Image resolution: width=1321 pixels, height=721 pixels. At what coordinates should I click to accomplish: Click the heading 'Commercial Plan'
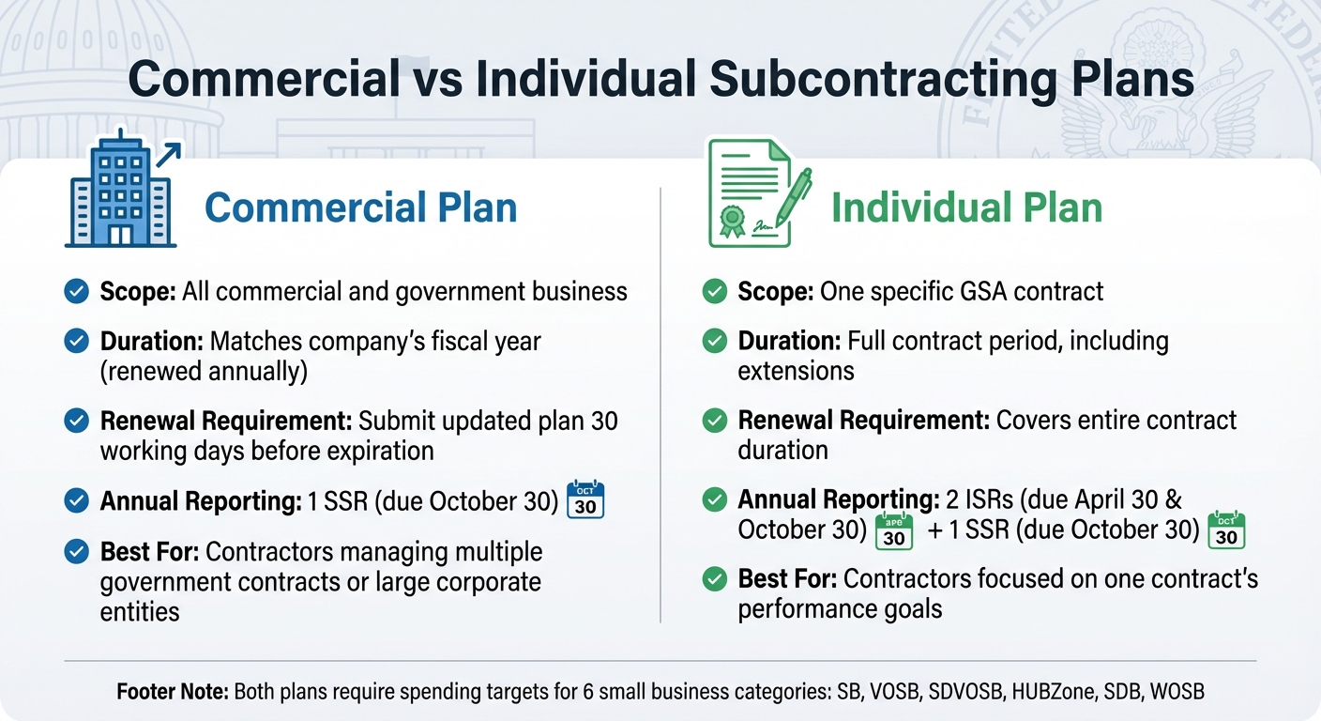point(360,207)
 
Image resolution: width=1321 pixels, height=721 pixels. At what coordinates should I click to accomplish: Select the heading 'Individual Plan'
point(966,207)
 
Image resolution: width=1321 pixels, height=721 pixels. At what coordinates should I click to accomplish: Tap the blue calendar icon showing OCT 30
point(585,499)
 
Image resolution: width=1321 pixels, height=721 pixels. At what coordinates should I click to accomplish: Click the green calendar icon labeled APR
point(893,530)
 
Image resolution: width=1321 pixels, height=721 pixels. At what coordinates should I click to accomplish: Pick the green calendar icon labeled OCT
point(1225,530)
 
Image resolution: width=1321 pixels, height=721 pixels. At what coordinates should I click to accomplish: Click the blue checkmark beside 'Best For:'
point(76,551)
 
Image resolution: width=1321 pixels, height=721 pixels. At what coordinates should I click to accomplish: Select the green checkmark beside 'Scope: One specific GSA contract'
point(714,292)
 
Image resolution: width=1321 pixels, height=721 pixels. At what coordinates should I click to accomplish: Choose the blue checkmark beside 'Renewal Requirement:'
point(76,421)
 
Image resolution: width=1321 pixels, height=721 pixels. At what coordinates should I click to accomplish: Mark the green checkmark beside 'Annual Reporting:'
point(714,499)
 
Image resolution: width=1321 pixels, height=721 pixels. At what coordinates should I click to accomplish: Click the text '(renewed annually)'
point(204,371)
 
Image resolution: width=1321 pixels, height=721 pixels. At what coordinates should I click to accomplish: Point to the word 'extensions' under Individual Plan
point(796,371)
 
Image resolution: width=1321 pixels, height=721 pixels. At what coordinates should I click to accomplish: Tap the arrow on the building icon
point(169,153)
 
